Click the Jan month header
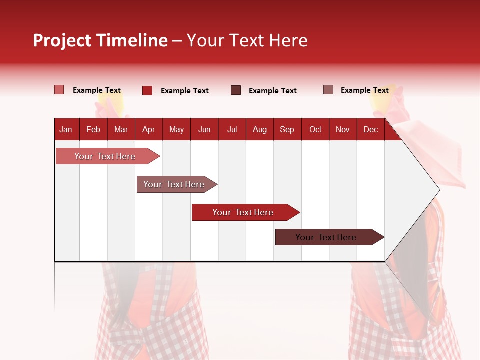tap(66, 129)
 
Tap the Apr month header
tap(149, 129)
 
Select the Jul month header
tap(232, 129)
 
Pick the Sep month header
tap(287, 129)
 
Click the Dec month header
tap(371, 129)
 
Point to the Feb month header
tap(93, 129)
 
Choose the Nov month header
tap(343, 129)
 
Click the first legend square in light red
tap(59, 90)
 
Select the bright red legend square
tap(147, 90)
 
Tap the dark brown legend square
tap(236, 90)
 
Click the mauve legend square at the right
tap(328, 90)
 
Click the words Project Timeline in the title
tap(100, 40)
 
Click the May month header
tap(176, 129)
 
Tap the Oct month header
tap(315, 129)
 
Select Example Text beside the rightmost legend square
tap(365, 90)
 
